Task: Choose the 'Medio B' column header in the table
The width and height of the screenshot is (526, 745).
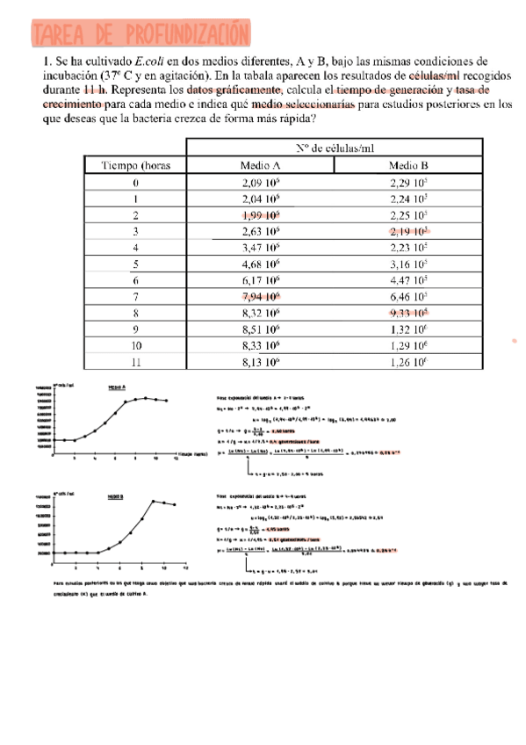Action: [408, 165]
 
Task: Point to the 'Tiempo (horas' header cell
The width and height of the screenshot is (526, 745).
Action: [135, 165]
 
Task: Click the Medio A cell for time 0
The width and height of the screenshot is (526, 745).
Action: [260, 183]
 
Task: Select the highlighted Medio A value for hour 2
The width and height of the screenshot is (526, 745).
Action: [260, 215]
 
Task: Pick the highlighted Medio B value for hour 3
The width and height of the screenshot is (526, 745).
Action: [408, 231]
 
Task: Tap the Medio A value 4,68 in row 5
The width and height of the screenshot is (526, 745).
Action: [260, 264]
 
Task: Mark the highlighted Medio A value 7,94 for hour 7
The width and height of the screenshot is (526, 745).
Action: [260, 296]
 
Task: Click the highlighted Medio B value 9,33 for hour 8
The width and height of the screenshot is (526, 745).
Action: [408, 312]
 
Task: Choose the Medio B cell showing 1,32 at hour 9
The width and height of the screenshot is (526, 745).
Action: [408, 329]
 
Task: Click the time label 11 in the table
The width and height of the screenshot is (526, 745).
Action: [135, 361]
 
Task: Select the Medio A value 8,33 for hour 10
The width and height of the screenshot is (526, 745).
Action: [260, 344]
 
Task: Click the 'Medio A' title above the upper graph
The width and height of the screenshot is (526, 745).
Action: [117, 387]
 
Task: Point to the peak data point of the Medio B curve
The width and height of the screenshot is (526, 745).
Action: [153, 501]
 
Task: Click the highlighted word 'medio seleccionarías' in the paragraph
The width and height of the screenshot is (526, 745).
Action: [303, 104]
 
